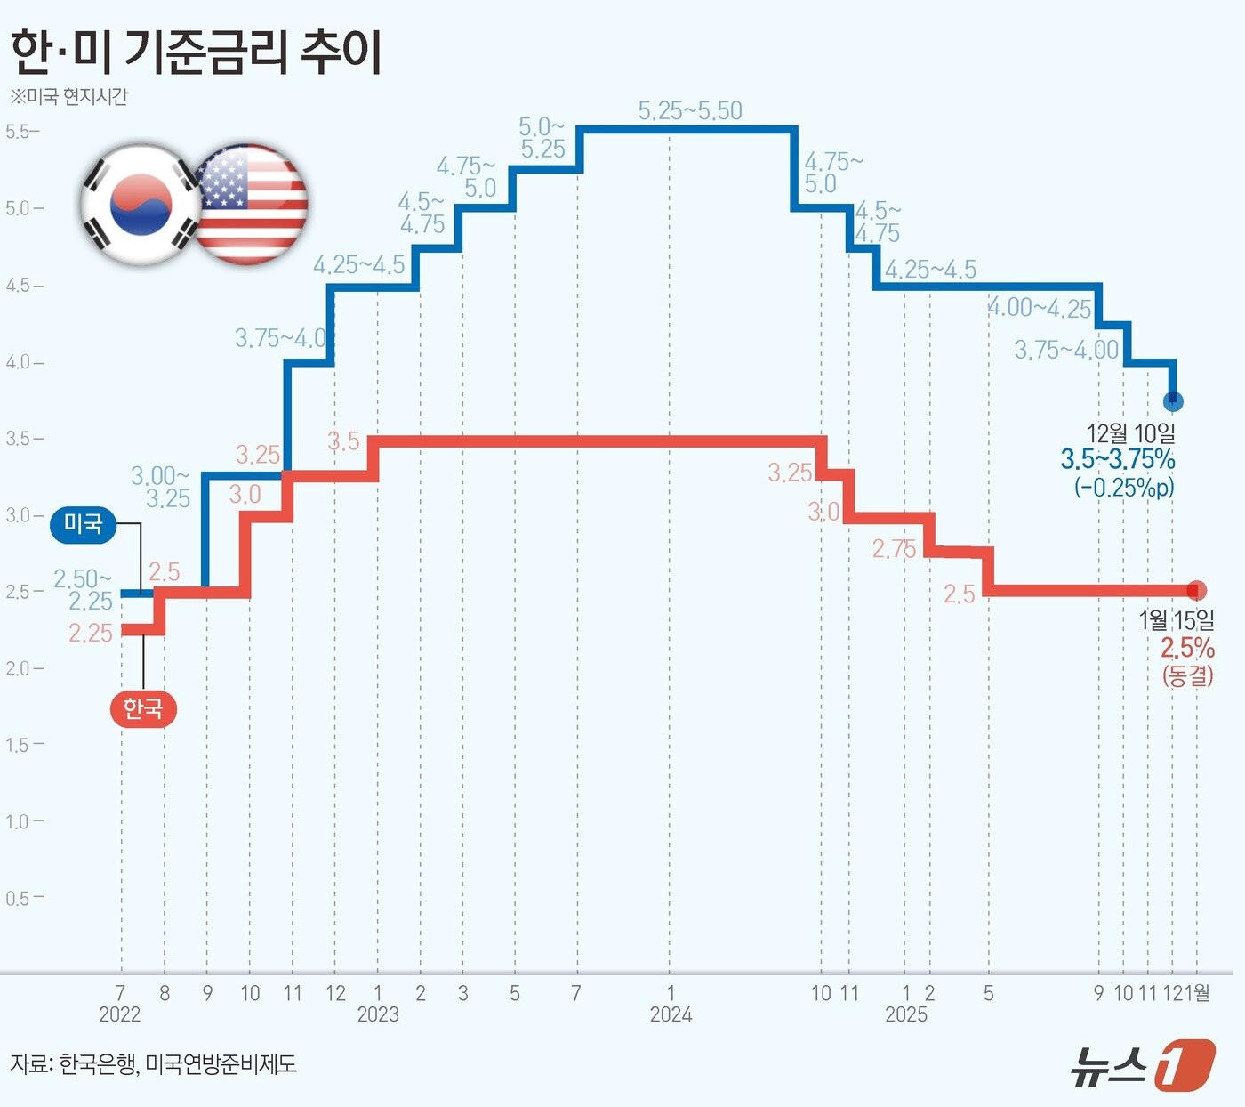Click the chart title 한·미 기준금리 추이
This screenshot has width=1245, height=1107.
[x=197, y=52]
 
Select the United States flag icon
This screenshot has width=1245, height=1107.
[x=251, y=205]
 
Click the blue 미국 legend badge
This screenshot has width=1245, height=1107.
[x=84, y=525]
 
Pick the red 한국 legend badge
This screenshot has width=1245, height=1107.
[x=142, y=709]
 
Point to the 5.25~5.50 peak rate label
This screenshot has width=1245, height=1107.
[x=690, y=111]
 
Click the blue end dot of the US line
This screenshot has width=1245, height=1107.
[x=1173, y=401]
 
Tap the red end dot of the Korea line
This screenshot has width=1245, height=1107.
[x=1197, y=590]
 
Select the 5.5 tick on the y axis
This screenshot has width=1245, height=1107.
[x=19, y=132]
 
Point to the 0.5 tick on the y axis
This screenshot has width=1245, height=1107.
[x=19, y=898]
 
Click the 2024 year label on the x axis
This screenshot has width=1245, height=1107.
[x=671, y=1014]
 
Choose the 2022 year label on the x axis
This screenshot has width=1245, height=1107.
[x=120, y=1014]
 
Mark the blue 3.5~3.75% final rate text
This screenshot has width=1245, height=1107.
[x=1118, y=460]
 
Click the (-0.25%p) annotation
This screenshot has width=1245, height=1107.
[x=1124, y=488]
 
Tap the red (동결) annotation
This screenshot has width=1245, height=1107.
[x=1188, y=675]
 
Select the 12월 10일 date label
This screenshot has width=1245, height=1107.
[x=1130, y=433]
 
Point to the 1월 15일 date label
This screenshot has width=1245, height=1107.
[x=1177, y=620]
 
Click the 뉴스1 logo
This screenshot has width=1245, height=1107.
[x=1142, y=1064]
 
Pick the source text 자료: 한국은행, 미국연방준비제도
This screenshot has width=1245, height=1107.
[x=153, y=1063]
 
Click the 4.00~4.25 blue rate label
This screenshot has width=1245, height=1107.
[x=1040, y=309]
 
